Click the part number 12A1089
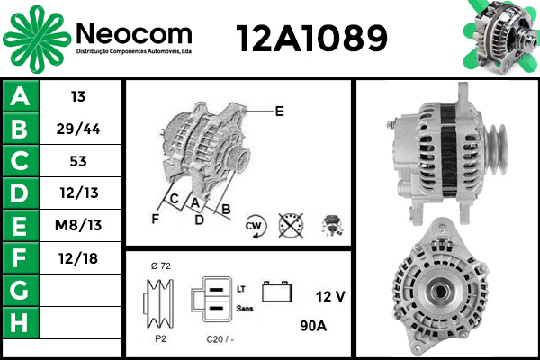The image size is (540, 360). tap(311, 38)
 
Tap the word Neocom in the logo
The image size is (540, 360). tap(134, 33)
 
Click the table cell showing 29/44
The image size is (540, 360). tap(77, 130)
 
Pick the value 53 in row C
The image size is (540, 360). tap(77, 162)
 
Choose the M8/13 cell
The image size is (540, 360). tap(77, 225)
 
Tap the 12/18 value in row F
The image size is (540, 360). tap(77, 258)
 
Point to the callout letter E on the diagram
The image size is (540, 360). tap(279, 112)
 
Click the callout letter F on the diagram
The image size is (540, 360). tap(156, 218)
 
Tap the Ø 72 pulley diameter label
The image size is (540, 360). tap(161, 266)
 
